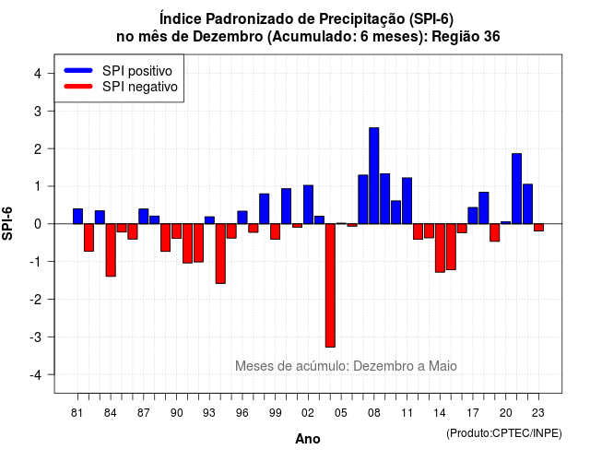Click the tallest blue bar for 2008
(374, 176)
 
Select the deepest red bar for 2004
(330, 285)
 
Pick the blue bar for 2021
(516, 188)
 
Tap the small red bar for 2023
(538, 228)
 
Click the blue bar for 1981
(77, 217)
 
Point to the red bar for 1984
(111, 250)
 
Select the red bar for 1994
(220, 254)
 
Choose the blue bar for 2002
(308, 205)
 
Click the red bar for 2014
(440, 248)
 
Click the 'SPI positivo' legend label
(137, 71)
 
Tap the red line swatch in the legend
(78, 87)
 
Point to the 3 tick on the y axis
(50, 111)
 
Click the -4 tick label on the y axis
(36, 375)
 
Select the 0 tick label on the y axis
(38, 224)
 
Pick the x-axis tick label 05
(340, 413)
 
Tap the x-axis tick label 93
(209, 413)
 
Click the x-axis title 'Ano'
(308, 439)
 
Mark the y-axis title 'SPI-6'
(7, 223)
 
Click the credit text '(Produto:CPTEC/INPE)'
(504, 433)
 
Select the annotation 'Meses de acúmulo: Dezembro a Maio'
(346, 365)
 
